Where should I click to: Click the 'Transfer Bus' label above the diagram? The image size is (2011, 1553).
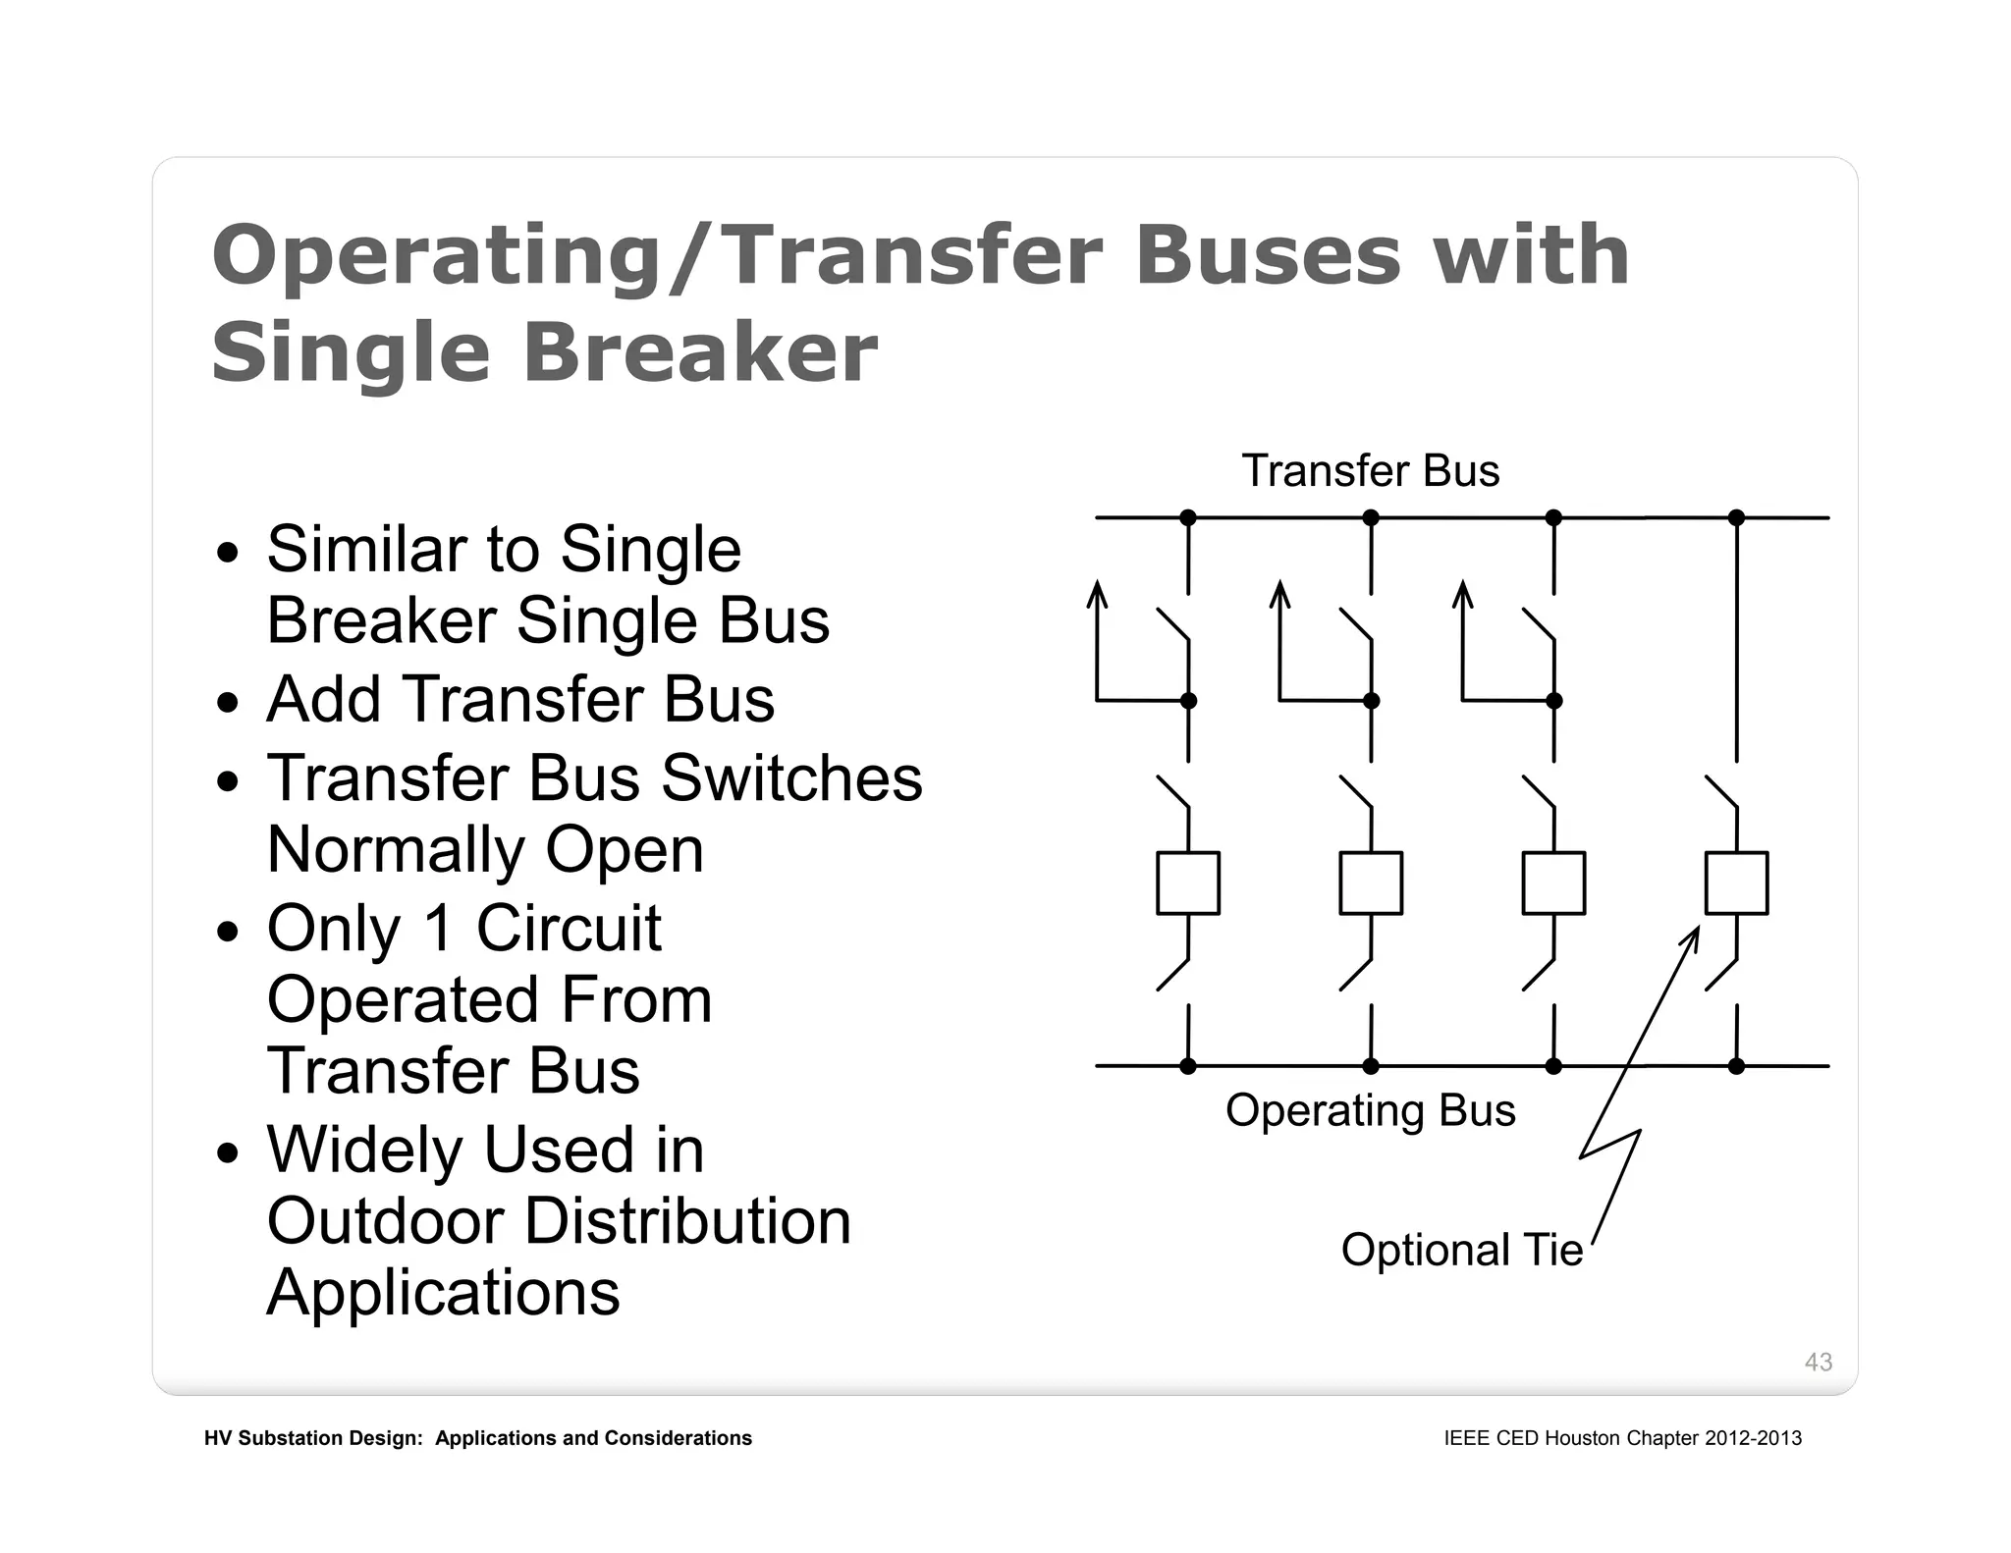[x=1370, y=471]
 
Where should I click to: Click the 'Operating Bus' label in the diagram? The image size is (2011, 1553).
[x=1370, y=1110]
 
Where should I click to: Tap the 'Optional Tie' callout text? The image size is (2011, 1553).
[x=1461, y=1250]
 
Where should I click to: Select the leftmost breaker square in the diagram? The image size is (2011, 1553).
[x=1188, y=884]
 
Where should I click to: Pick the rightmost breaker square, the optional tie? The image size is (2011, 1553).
[x=1736, y=884]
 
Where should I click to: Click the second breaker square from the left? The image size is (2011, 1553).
[x=1371, y=884]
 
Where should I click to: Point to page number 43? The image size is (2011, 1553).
[x=1818, y=1362]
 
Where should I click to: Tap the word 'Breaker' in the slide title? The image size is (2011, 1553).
[x=700, y=353]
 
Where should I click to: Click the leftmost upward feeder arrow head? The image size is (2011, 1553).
[x=1098, y=592]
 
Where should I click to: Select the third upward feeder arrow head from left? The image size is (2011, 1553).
[x=1463, y=592]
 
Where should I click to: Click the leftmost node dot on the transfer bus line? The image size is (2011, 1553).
[x=1188, y=517]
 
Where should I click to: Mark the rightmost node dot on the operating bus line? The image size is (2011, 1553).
[x=1736, y=1066]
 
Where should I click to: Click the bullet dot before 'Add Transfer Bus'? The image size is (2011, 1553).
[x=228, y=703]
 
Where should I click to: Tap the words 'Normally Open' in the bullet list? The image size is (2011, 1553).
[x=485, y=849]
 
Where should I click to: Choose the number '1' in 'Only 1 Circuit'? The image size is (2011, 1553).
[x=438, y=928]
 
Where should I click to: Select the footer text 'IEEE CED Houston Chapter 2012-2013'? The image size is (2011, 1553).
[x=1622, y=1438]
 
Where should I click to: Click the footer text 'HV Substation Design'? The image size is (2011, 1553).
[x=312, y=1438]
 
